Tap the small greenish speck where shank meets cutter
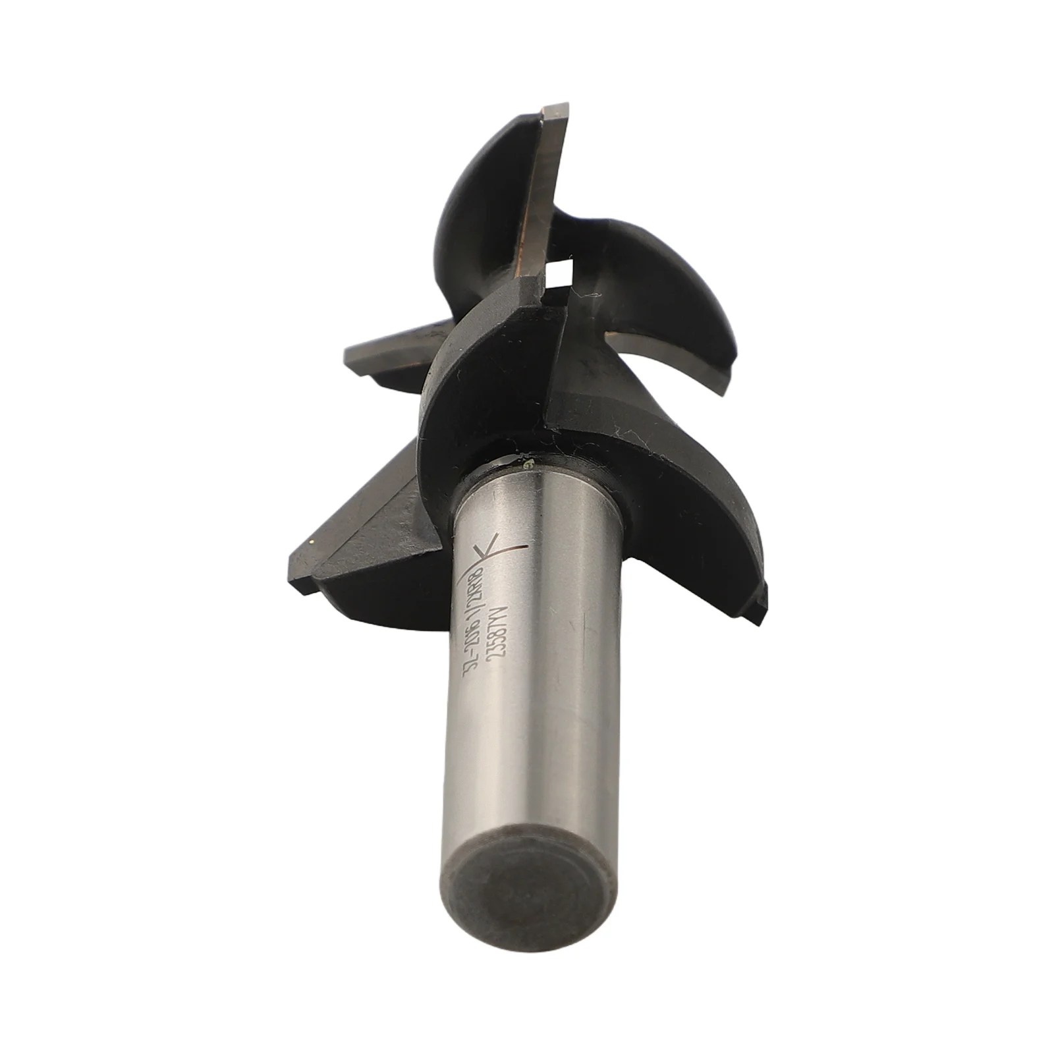[x=528, y=466]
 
